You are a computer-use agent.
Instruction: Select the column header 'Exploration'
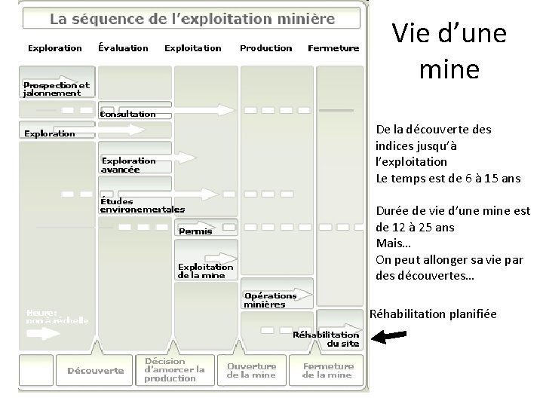point(55,48)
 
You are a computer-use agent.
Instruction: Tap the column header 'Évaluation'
point(124,48)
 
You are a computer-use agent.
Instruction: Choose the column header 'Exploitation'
point(193,48)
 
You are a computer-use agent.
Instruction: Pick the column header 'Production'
point(265,48)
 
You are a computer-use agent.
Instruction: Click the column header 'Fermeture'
point(333,48)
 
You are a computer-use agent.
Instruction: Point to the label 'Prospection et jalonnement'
point(56,89)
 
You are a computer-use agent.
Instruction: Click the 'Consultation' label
point(128,115)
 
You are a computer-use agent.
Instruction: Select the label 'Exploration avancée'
point(129,165)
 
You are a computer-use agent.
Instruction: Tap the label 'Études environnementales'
point(143,205)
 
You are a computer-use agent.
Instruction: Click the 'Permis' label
point(195,231)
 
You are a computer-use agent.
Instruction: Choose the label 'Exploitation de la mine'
point(206,271)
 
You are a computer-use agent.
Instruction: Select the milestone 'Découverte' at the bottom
point(96,370)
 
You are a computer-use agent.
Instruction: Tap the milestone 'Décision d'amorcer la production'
point(174,369)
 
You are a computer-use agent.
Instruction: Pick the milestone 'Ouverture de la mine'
point(252,370)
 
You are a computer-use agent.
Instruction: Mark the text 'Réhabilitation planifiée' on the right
point(433,314)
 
